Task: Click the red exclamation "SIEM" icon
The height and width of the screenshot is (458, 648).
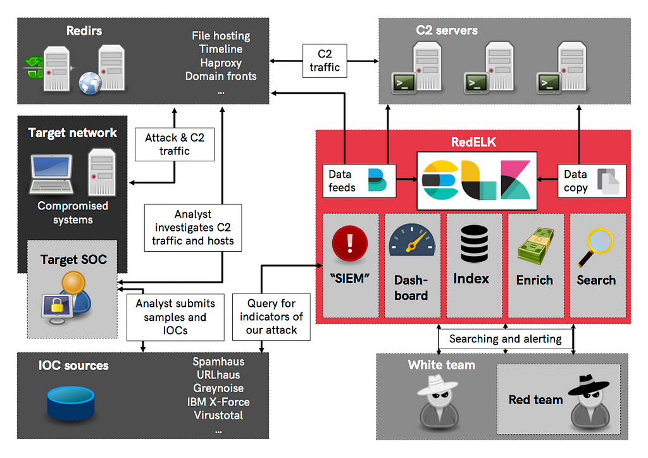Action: coord(349,244)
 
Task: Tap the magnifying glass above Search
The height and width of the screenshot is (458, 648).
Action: coord(595,247)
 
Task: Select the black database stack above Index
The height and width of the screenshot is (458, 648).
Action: coord(474,244)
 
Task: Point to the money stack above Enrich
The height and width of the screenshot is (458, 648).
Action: coord(535,246)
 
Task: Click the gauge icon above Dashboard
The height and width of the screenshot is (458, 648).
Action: coord(411,240)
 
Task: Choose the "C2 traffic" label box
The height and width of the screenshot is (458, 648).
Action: coord(325,61)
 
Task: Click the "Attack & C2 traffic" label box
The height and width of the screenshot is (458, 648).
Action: coord(175,144)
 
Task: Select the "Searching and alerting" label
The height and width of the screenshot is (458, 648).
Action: coord(506,338)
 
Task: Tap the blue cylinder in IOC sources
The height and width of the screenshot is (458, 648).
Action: coord(71,403)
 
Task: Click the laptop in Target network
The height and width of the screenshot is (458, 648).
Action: coord(52,174)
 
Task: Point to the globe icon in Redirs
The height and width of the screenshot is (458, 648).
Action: coord(90,83)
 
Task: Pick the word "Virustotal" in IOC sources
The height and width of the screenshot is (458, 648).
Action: coord(218,415)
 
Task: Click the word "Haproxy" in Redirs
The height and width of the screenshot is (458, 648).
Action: coord(221,63)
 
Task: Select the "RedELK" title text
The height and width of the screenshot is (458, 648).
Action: coord(473,142)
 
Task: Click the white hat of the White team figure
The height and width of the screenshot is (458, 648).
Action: coord(437,385)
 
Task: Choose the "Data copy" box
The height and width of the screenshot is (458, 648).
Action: coord(592,181)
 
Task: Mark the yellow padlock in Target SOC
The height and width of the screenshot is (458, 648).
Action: coord(57,306)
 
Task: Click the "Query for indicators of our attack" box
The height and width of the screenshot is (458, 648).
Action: coord(271,317)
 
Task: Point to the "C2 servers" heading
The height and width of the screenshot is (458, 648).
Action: coord(447,30)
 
